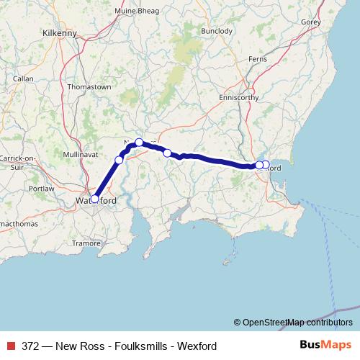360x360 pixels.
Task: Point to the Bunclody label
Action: tap(217, 32)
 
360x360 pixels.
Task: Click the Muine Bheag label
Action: tap(137, 10)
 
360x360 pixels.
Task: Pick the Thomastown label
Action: tap(89, 86)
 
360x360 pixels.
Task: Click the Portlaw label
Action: tap(42, 189)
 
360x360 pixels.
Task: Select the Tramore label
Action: tap(87, 243)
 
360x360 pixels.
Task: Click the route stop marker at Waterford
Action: tap(94, 199)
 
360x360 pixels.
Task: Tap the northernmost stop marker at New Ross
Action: tap(140, 143)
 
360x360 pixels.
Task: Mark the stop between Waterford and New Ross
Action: tap(119, 159)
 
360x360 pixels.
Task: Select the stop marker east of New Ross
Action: tap(167, 153)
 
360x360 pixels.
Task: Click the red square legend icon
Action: tap(10, 346)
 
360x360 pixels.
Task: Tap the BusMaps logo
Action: tap(325, 346)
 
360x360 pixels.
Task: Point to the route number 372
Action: tap(31, 346)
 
